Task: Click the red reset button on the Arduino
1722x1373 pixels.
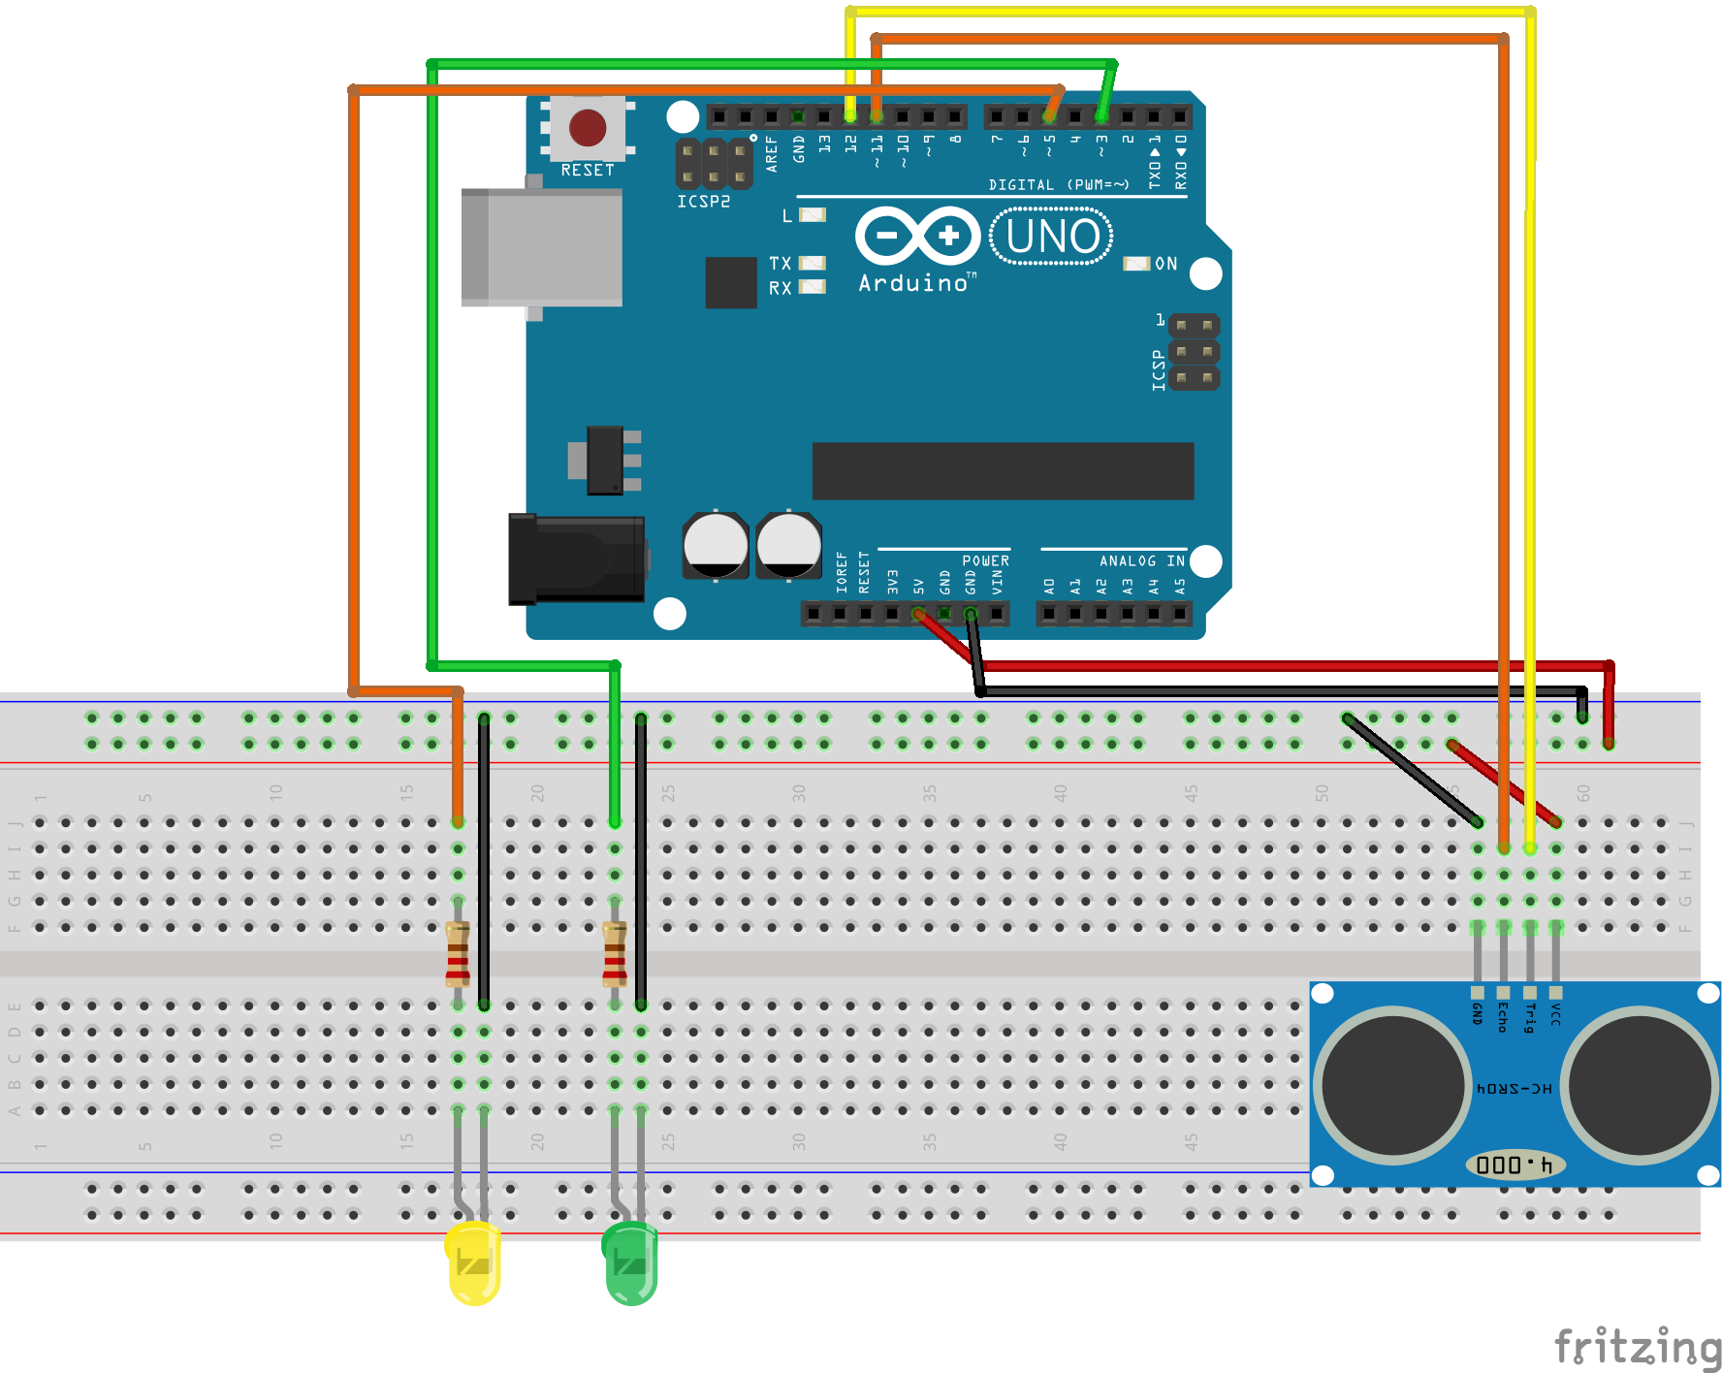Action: pos(588,128)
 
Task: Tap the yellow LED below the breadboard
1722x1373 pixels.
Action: pos(473,1262)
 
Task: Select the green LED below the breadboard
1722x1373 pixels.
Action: pos(630,1262)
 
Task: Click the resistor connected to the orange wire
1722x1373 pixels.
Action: pos(458,954)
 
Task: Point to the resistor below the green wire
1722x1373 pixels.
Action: pos(615,954)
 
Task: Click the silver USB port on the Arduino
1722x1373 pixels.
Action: pos(543,247)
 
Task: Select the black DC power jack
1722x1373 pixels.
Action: pos(578,559)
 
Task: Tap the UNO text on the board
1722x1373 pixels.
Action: pos(1051,237)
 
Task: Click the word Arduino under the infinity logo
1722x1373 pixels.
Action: pos(913,283)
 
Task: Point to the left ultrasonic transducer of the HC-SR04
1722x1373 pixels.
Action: pos(1393,1085)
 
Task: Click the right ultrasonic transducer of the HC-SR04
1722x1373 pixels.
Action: pos(1640,1085)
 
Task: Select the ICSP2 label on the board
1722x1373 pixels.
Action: pos(703,202)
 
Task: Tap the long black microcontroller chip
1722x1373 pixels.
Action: pos(1003,471)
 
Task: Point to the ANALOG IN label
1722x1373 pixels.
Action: pos(1141,560)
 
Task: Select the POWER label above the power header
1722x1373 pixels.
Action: pos(985,560)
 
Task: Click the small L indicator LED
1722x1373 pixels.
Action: pos(812,215)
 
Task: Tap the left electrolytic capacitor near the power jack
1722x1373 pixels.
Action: pos(716,545)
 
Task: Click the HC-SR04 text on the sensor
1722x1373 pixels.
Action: pos(1515,1089)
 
